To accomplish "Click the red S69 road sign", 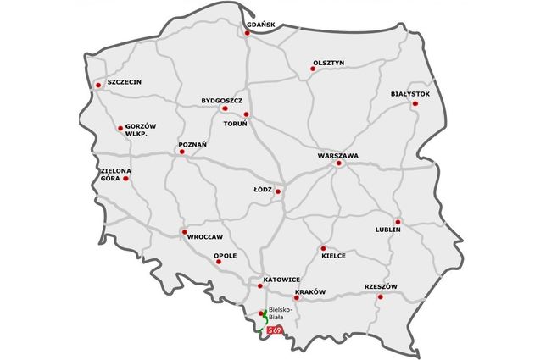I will click(274, 330).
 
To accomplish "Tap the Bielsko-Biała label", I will click(280, 312).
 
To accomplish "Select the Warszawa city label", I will click(338, 156).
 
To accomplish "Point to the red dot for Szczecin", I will click(99, 84).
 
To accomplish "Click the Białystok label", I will click(411, 93).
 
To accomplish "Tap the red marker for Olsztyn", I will click(313, 69).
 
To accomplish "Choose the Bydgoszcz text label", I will click(222, 99).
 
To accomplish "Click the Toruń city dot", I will click(246, 114).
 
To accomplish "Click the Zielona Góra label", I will click(114, 174).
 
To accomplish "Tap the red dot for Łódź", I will click(277, 191).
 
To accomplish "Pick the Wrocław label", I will click(205, 236).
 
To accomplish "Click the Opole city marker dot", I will click(219, 261).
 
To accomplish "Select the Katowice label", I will click(282, 279).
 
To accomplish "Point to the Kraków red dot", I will click(296, 298).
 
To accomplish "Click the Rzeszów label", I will click(381, 285).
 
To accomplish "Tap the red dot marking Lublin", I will click(397, 222).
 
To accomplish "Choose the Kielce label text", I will click(333, 255).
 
